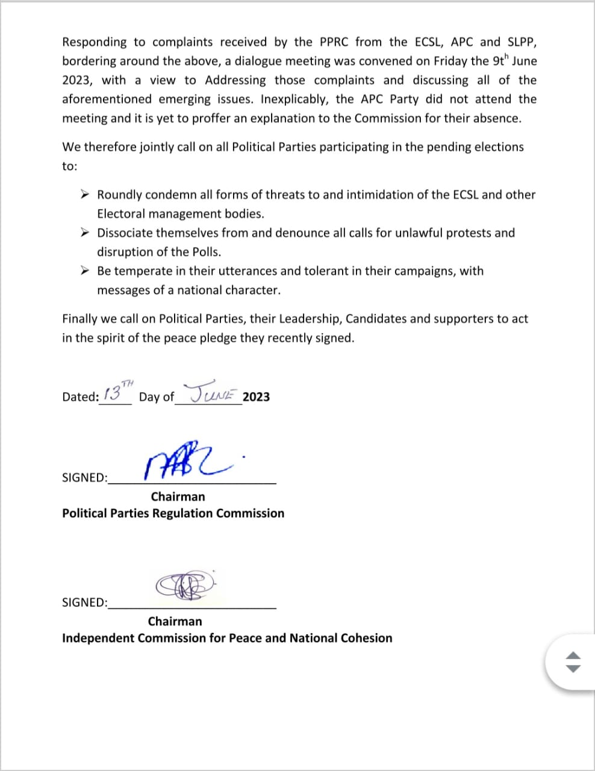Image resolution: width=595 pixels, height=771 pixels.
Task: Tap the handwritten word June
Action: (214, 393)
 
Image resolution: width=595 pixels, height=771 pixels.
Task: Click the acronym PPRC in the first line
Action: (331, 42)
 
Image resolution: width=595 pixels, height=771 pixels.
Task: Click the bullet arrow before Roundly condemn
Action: (86, 195)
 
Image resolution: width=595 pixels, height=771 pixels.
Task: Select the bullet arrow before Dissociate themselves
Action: (86, 233)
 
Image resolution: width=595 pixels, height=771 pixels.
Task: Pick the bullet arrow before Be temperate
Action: (86, 270)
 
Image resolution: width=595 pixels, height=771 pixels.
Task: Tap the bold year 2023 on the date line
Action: (256, 397)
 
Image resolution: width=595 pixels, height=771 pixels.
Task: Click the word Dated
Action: (80, 397)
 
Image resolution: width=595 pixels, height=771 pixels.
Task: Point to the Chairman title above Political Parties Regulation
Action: (178, 497)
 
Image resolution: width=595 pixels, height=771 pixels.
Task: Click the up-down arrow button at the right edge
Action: (573, 662)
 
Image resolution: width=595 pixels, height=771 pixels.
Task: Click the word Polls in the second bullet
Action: (207, 252)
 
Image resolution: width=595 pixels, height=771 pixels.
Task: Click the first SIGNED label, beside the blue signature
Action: (84, 478)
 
